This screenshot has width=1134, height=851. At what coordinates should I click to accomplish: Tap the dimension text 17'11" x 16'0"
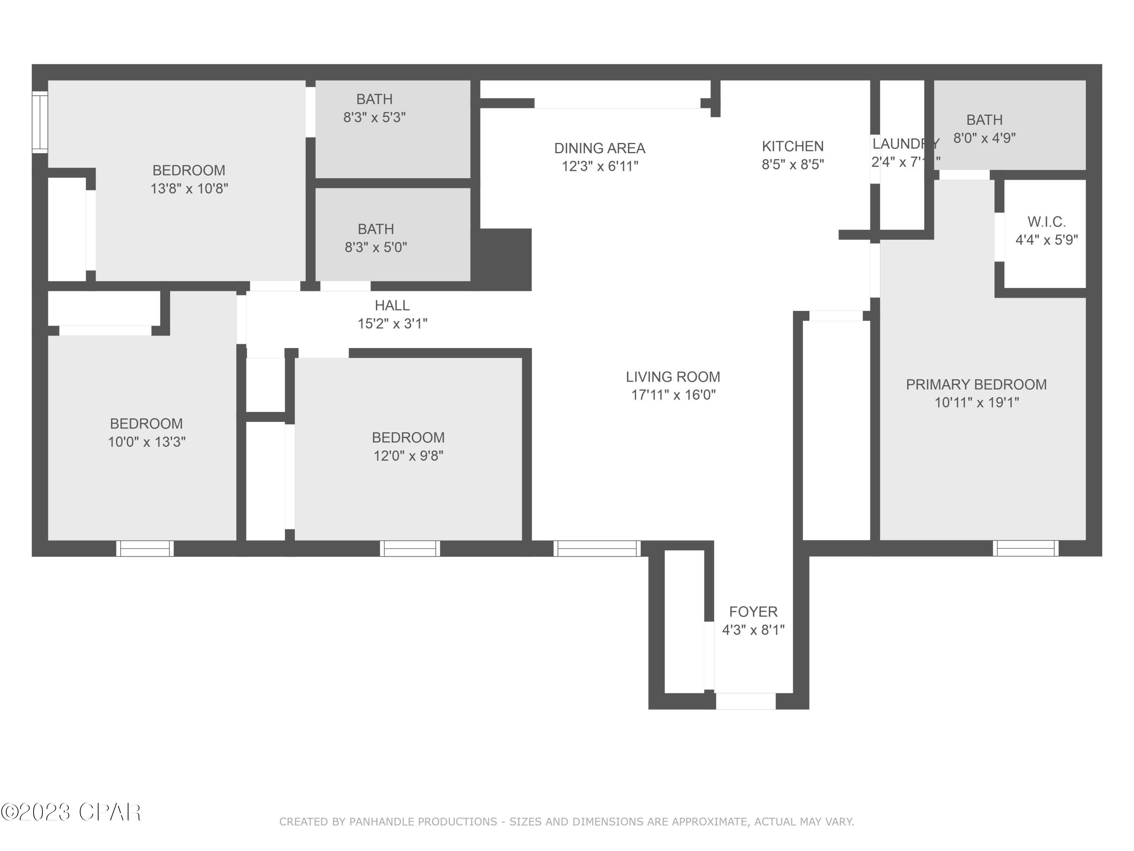tap(672, 395)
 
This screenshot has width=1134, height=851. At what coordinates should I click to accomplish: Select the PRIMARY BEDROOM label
tap(976, 384)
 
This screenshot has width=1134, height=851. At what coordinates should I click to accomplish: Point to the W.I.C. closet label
tap(1046, 222)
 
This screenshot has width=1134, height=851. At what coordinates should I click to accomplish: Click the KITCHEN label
tap(793, 146)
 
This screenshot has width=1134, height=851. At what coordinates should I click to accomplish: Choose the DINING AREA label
tap(599, 148)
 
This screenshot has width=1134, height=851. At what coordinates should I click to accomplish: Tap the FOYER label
tap(753, 612)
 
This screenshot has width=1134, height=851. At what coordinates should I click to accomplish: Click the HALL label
tap(392, 305)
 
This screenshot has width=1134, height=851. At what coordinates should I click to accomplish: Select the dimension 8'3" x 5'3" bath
tap(374, 118)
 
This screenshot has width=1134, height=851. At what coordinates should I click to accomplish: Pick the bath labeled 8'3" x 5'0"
tap(376, 247)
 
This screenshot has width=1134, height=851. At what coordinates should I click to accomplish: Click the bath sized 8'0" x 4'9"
tap(984, 138)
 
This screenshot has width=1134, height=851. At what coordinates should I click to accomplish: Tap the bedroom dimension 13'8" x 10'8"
tap(189, 189)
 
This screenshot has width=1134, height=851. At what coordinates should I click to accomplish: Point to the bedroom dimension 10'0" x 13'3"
tap(147, 442)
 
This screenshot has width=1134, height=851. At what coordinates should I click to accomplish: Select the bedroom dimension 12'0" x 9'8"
tap(408, 455)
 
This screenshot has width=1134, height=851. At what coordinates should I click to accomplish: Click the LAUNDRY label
tap(905, 144)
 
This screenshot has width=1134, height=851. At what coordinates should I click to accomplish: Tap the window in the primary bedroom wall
tap(1025, 548)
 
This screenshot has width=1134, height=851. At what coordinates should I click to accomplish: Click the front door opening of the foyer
tap(745, 701)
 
